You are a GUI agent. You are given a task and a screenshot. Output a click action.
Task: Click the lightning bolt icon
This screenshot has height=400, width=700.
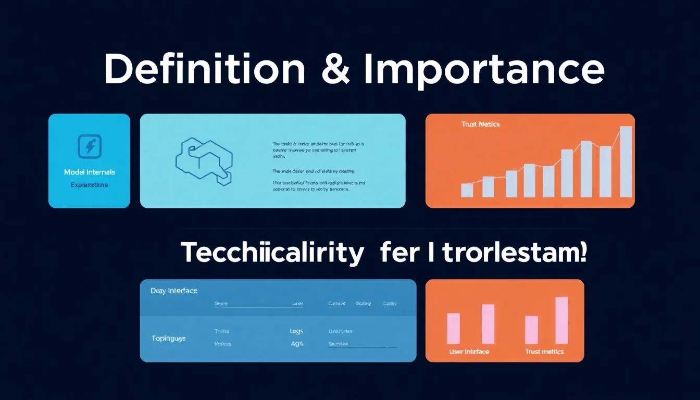coord(89,146)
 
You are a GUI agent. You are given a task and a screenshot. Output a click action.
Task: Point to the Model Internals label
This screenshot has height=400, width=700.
coord(89,172)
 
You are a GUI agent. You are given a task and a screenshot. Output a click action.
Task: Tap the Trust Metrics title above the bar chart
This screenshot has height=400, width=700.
coord(480,124)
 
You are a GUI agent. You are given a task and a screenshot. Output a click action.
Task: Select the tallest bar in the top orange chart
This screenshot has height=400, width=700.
coord(626,161)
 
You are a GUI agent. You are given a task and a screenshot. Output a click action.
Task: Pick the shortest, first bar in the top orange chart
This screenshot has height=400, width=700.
coord(467,190)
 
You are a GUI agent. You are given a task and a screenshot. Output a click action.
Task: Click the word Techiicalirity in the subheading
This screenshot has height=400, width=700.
coord(272,254)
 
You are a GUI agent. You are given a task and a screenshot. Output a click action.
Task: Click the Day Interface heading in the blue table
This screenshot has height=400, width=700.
coord(174,291)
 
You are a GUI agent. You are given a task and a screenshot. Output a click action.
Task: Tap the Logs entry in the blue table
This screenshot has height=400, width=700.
coord(296,331)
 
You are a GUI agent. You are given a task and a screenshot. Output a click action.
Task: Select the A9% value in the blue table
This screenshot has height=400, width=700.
coord(297,344)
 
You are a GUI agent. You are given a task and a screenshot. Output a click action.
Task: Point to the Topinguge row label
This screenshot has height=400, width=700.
coord(168,338)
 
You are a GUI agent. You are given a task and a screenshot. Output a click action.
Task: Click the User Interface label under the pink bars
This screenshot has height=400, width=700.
coord(469,352)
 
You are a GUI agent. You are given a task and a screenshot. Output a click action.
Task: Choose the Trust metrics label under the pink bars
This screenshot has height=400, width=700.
coord(544,352)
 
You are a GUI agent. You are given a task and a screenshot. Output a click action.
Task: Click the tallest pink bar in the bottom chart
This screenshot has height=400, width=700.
coord(561,320)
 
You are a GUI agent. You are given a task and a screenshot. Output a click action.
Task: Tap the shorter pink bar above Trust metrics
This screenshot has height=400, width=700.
coord(531,330)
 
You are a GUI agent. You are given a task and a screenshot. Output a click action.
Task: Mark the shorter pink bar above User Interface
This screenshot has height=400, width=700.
coord(454,328)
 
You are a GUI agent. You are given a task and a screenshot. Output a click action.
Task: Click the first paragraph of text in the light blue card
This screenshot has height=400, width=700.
coord(318,148)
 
